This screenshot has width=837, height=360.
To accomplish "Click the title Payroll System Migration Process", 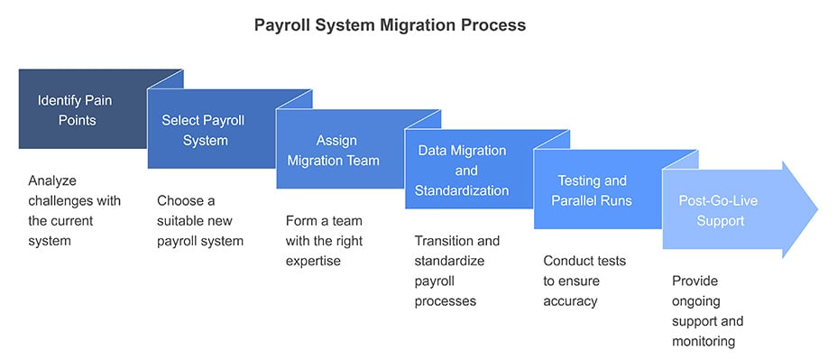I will pos(390,25).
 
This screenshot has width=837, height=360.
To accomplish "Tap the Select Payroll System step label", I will pos(203,130).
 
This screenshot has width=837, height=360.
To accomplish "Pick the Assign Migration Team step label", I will pos(336,151).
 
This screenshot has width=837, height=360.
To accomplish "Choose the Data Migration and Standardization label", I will pos(462,171).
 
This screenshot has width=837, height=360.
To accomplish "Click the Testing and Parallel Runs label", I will pos(592,190).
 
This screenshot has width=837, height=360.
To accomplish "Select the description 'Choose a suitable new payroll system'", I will pos(200,220).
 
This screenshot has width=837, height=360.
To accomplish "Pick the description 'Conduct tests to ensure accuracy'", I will pos(584,281).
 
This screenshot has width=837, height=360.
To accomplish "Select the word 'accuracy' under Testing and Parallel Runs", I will pos(570,300).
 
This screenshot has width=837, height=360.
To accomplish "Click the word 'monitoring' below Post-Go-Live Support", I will pos(704,341).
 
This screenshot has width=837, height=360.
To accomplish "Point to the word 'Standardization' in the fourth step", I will pos(462,190).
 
